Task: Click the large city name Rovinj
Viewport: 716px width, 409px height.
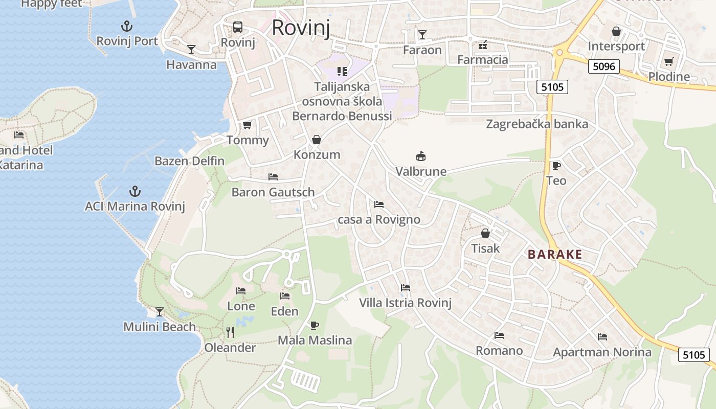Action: coord(300,27)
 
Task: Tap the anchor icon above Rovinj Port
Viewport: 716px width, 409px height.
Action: coord(126,26)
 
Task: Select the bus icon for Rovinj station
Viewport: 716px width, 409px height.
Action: coord(237,27)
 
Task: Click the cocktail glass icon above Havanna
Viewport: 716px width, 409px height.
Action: coord(191,50)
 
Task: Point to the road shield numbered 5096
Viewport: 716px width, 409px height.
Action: coord(603,66)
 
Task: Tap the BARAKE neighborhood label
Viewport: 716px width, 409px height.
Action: coord(555,254)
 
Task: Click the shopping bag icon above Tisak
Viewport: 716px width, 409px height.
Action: coord(485,234)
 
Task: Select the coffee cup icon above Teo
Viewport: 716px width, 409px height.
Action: coord(556,166)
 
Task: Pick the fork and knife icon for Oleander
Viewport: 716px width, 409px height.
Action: coord(230,332)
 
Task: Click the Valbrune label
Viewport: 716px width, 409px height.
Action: coord(421,171)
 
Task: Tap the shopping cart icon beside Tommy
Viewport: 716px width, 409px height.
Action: coord(248,125)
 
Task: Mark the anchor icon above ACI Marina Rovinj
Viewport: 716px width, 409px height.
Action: coord(135,191)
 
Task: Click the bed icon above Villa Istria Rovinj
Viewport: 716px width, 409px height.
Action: coord(406,288)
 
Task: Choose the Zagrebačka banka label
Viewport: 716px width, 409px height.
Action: coord(537,124)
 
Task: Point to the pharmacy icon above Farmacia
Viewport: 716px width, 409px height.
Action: coord(482,46)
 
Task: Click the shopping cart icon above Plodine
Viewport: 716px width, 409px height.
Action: coord(668,62)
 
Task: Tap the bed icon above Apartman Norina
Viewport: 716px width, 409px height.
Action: coord(602,337)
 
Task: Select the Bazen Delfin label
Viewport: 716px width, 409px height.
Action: coord(189,161)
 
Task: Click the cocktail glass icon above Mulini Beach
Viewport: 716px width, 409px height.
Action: coord(160,311)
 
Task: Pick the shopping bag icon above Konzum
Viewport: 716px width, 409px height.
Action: coord(317,140)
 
